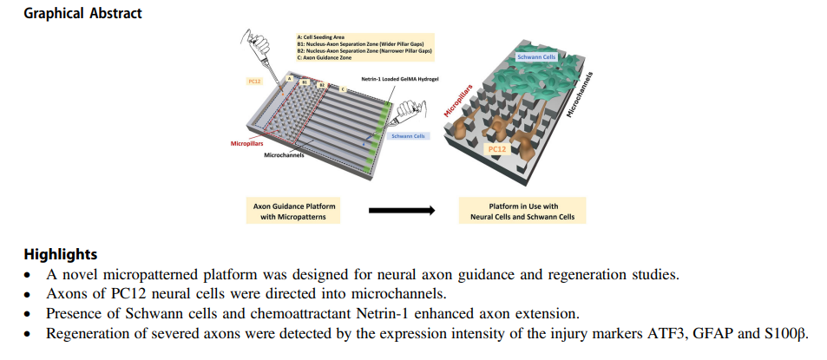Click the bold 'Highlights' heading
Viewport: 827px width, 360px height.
pyautogui.click(x=61, y=255)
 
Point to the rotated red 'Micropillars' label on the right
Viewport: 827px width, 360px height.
pyautogui.click(x=457, y=101)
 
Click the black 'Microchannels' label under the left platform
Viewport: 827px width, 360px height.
pyautogui.click(x=286, y=155)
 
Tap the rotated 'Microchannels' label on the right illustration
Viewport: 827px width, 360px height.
pyautogui.click(x=579, y=95)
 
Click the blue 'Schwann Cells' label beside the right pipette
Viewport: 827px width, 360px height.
pyautogui.click(x=409, y=135)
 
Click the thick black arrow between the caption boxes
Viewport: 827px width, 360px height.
pyautogui.click(x=401, y=210)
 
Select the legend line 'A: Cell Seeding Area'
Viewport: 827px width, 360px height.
pyautogui.click(x=322, y=37)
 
